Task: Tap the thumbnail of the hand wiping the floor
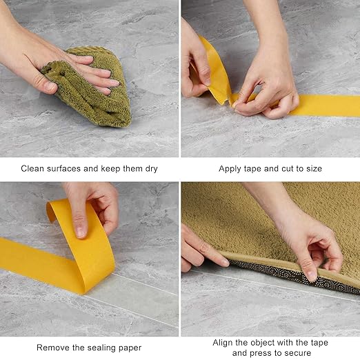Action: click(89, 79)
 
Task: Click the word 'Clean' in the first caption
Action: click(32, 168)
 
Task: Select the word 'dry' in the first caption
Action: click(151, 169)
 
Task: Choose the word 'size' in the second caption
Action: click(314, 169)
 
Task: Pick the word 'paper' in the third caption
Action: click(130, 348)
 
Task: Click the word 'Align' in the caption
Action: click(223, 343)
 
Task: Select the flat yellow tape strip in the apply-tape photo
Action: click(322, 106)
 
